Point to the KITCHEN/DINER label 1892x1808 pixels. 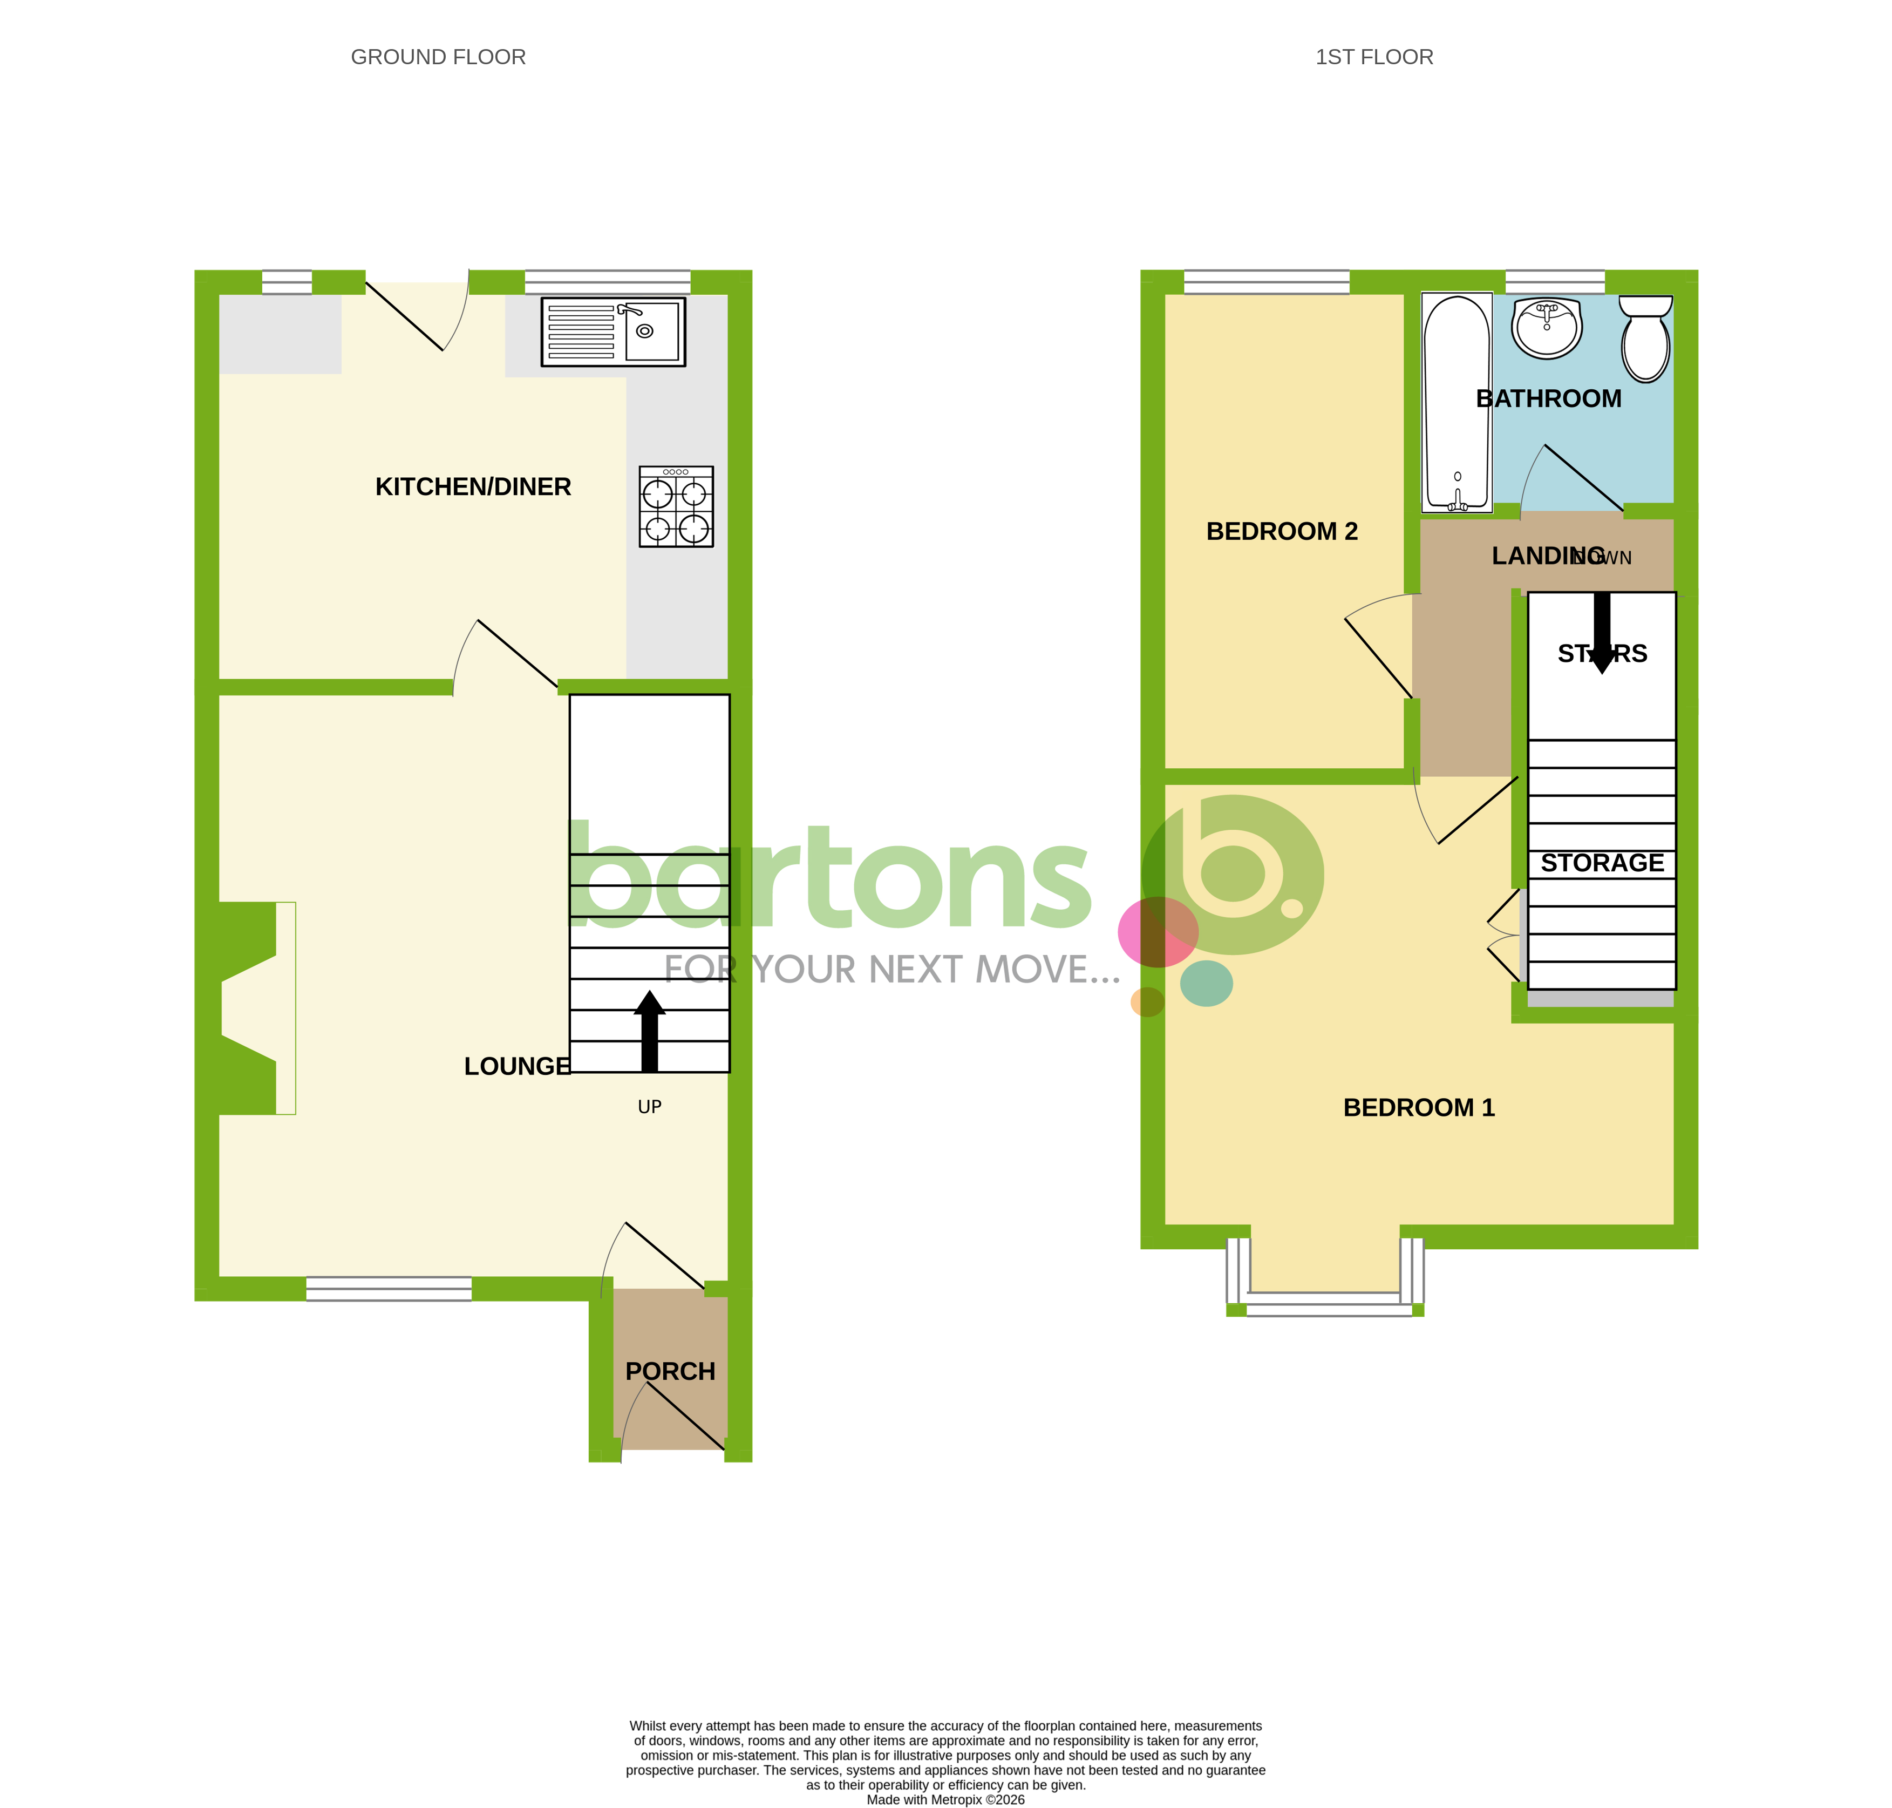[472, 487]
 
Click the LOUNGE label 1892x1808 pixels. [516, 1066]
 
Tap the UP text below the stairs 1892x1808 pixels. [649, 1106]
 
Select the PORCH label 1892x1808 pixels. [670, 1371]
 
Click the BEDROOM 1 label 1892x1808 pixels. [1418, 1107]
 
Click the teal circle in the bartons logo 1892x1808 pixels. [1206, 983]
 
